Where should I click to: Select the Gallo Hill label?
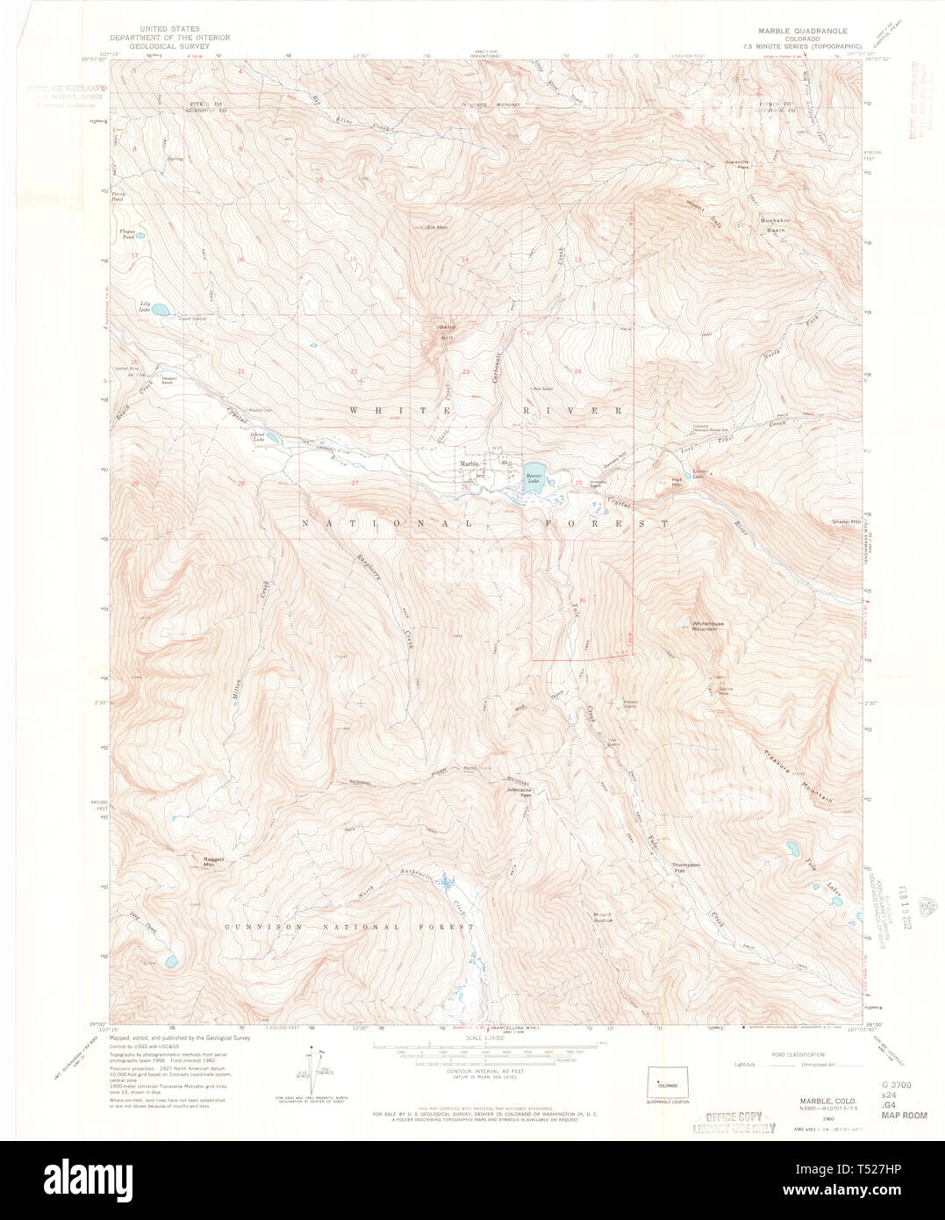point(447,333)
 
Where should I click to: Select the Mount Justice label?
point(602,916)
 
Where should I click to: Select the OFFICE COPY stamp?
point(734,1123)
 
